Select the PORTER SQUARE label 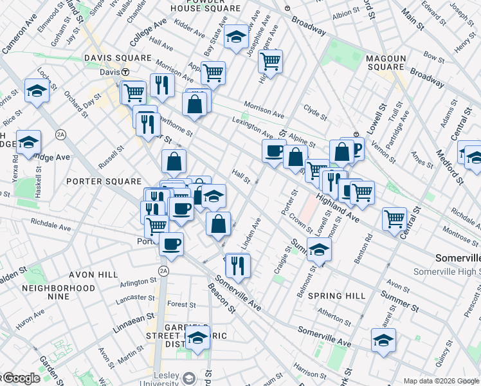[x=104, y=181]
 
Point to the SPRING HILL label [x=336, y=296]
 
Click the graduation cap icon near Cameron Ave [x=37, y=91]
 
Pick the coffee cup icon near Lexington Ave [x=274, y=151]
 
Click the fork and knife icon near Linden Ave [x=238, y=265]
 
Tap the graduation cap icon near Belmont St [x=318, y=250]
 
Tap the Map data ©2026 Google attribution [x=441, y=381]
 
